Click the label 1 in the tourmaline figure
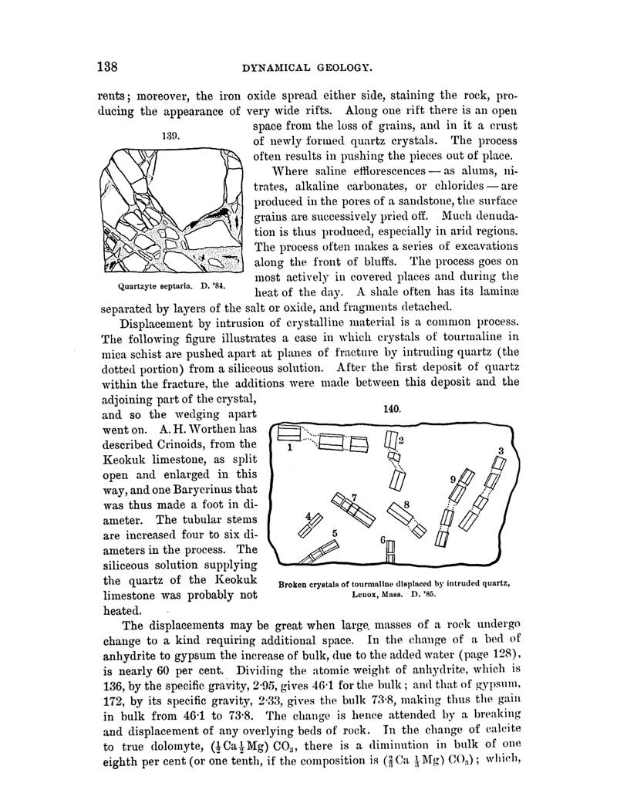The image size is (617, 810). click(x=288, y=447)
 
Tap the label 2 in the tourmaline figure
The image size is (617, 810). click(x=401, y=440)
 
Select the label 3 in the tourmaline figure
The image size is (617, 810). click(x=501, y=451)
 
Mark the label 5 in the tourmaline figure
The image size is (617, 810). click(x=335, y=532)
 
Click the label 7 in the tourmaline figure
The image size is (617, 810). click(x=353, y=496)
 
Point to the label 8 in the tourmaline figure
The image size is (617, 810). click(x=406, y=504)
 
